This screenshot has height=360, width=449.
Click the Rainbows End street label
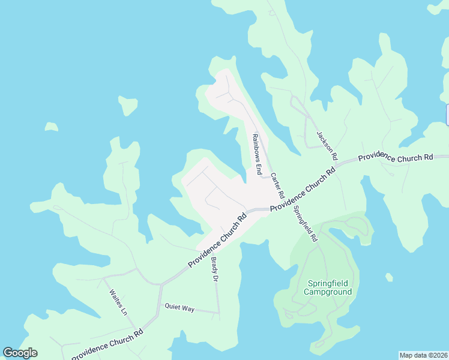point(256,154)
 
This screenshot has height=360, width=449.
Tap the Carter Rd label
point(277,186)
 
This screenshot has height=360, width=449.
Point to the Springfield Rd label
point(305,223)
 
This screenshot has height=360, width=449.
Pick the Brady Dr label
point(214,270)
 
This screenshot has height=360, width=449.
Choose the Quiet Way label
point(180,308)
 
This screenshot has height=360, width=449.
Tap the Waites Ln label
point(118,303)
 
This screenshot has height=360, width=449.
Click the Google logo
point(20,353)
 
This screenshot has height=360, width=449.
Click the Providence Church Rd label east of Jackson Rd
point(396,158)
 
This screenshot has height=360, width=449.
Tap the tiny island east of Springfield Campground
point(390,277)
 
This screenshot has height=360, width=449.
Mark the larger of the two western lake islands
point(128,106)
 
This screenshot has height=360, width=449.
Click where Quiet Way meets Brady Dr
point(218,313)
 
